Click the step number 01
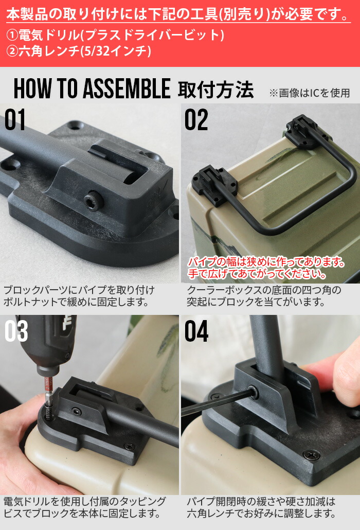(15, 120)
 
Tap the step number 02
(196, 120)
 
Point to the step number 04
(196, 332)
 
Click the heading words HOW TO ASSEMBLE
(92, 90)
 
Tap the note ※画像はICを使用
(309, 93)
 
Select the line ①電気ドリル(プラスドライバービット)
(115, 36)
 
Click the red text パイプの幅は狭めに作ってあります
(266, 262)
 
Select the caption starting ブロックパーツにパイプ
(79, 296)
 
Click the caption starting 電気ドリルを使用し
(85, 507)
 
